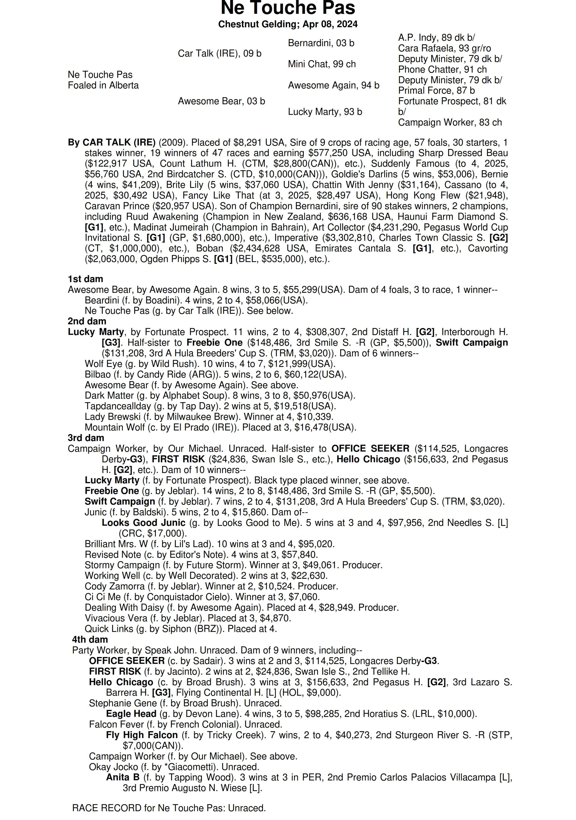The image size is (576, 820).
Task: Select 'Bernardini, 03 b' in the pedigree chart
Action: pos(321,43)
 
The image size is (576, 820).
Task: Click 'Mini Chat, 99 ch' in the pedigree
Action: pos(322,64)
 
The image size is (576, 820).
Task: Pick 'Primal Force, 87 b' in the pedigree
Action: pos(436,91)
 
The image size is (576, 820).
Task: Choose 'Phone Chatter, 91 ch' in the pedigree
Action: pos(442,70)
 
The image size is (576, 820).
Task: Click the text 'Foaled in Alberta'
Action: pos(103,86)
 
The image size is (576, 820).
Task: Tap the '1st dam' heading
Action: pos(85,279)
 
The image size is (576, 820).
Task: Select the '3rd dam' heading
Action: pos(86,438)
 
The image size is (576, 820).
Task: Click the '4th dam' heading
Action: pos(90,640)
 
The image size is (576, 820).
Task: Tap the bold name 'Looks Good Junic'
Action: pos(143,523)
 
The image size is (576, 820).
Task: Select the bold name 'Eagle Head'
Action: pos(131,714)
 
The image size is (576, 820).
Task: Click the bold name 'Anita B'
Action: pos(122,777)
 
